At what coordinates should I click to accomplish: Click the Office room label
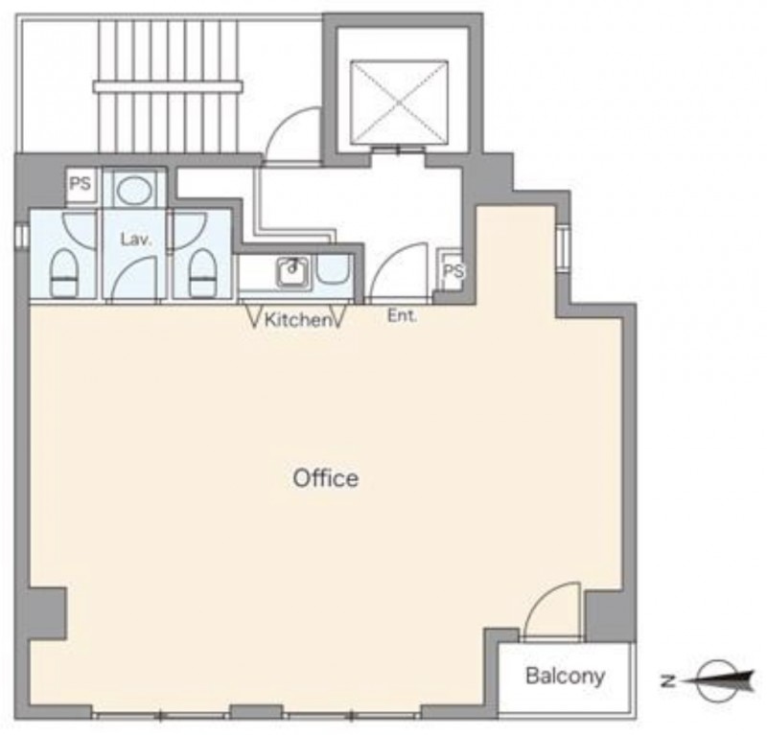tap(325, 478)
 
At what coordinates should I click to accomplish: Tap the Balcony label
tap(565, 677)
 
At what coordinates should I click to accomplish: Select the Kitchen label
tap(297, 320)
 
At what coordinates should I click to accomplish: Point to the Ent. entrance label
tap(402, 316)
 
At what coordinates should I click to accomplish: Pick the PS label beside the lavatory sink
tap(81, 184)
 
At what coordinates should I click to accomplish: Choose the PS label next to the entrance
tap(453, 270)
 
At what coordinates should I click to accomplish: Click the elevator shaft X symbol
tap(399, 102)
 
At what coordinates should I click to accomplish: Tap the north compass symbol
tap(723, 680)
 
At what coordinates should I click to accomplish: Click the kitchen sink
tap(294, 271)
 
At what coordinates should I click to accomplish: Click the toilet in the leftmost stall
tap(65, 273)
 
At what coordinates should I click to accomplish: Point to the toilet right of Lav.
tap(203, 273)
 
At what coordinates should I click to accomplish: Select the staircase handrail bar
tap(168, 87)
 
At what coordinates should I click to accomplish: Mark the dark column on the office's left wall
tap(47, 613)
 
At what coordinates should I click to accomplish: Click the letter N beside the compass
tap(665, 680)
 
